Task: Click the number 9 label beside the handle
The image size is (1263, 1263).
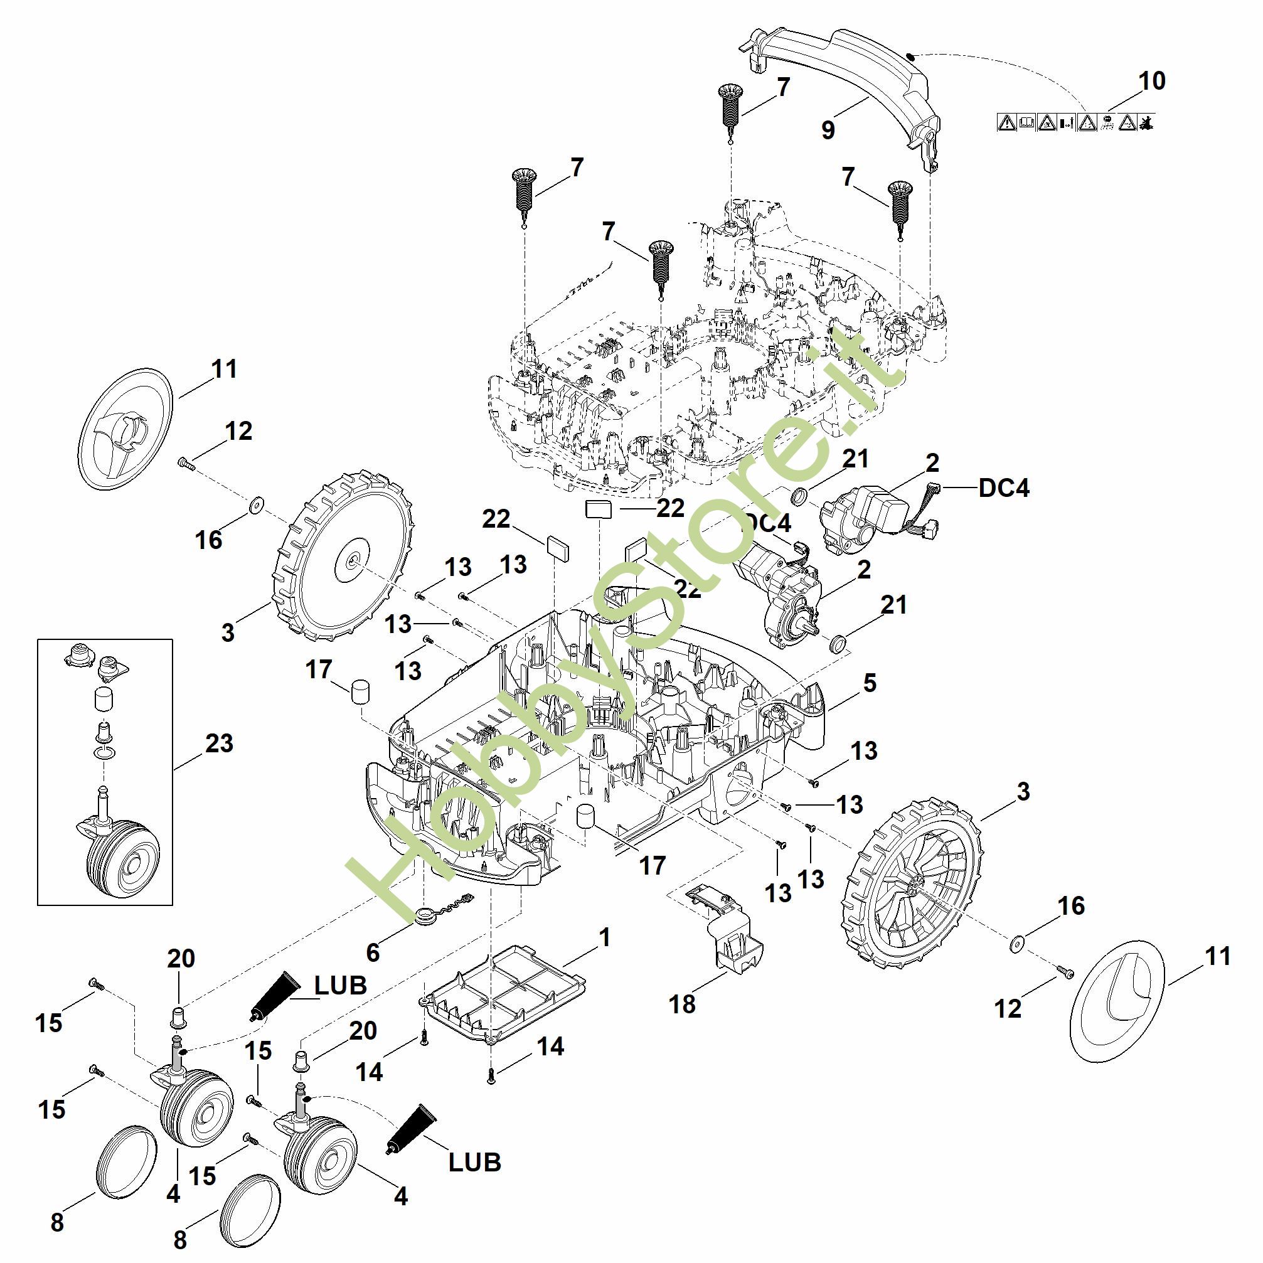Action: click(x=828, y=130)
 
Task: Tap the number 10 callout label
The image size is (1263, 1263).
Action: click(x=1152, y=81)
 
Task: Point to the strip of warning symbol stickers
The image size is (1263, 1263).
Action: click(x=1076, y=122)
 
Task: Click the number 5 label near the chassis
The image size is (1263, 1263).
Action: click(x=870, y=683)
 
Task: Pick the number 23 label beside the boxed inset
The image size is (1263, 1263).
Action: click(x=219, y=743)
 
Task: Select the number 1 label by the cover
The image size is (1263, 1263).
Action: click(x=605, y=937)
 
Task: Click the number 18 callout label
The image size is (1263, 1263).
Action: click(x=683, y=1005)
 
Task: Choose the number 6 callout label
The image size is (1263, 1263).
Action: click(x=373, y=952)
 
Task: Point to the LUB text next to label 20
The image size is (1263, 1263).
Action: click(x=341, y=986)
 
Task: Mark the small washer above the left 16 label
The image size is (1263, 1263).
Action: click(x=255, y=504)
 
